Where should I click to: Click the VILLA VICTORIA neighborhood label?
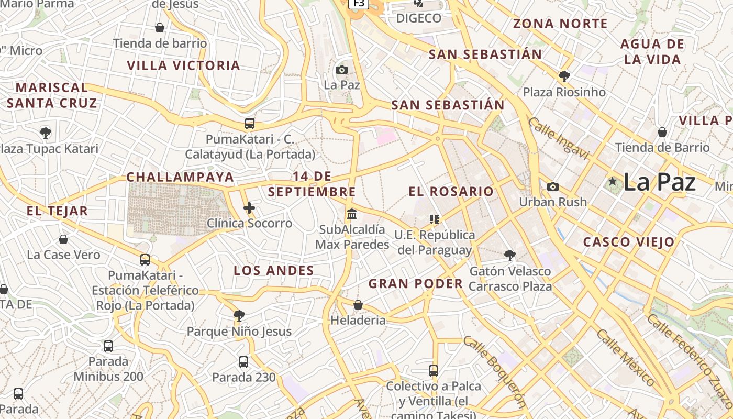(183, 65)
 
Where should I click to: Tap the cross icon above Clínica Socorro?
(249, 208)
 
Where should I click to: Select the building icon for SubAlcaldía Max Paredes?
(352, 214)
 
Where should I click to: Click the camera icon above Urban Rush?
(552, 186)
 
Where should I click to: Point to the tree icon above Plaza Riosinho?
(564, 76)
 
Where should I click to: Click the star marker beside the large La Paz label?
(613, 182)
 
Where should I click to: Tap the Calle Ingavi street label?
(559, 138)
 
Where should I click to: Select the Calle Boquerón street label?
(494, 371)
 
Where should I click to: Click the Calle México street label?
(626, 357)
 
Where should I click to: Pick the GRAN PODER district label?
(416, 284)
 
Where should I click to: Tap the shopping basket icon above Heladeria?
(358, 305)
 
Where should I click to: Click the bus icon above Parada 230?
(243, 361)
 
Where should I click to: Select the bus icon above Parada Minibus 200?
(108, 346)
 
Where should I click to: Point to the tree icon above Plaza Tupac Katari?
(46, 133)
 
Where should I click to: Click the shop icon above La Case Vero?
(63, 239)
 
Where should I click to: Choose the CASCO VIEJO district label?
(629, 242)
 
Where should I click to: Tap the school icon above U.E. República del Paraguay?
(435, 219)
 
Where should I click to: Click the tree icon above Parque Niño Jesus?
(239, 315)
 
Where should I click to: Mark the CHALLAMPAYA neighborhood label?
(180, 177)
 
